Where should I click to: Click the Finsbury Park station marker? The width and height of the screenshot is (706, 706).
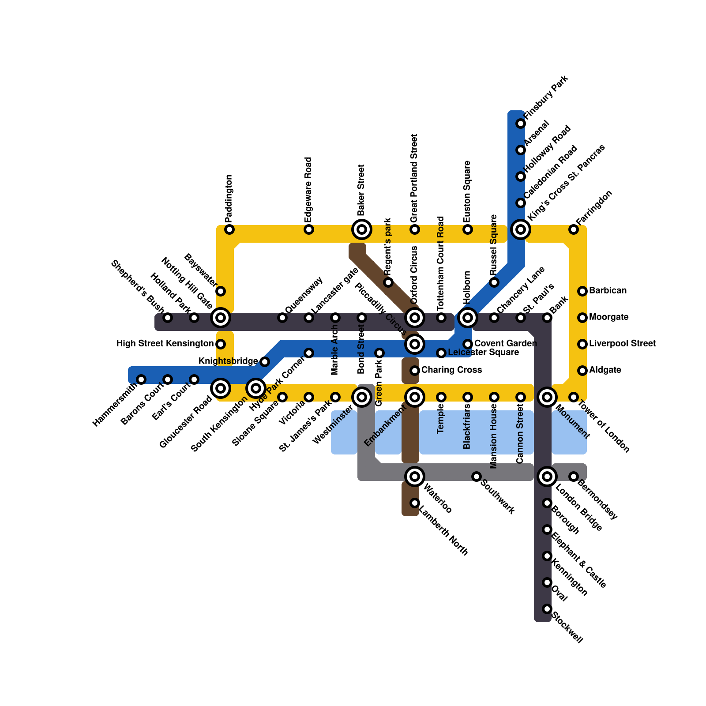click(x=521, y=124)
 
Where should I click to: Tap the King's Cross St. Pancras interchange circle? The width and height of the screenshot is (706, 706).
click(x=521, y=229)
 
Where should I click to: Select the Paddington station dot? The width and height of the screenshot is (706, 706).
click(x=229, y=229)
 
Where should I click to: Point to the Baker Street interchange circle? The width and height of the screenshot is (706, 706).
click(x=362, y=229)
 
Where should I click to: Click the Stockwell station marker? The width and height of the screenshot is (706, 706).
click(x=547, y=609)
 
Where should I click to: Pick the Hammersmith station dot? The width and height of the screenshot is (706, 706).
click(x=141, y=379)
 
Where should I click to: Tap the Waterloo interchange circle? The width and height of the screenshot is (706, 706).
click(x=415, y=477)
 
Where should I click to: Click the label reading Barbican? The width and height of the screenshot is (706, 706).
click(x=608, y=291)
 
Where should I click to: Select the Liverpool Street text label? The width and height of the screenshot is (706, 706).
click(x=622, y=344)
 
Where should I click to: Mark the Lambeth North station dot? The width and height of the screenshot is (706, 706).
click(x=415, y=503)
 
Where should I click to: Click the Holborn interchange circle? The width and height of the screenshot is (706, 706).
click(x=468, y=317)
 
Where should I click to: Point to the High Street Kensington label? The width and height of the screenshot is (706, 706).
click(x=165, y=344)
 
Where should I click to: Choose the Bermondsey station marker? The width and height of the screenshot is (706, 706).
click(x=574, y=477)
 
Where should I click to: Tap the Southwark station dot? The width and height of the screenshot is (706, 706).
click(x=477, y=477)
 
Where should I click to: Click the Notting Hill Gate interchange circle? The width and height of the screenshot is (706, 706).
click(x=221, y=317)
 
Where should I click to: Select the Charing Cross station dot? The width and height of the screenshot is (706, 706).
click(x=415, y=371)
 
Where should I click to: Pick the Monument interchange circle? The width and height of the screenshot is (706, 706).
click(x=547, y=397)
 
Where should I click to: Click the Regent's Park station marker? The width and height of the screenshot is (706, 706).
click(x=388, y=282)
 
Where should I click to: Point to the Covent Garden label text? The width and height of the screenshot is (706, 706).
click(x=505, y=344)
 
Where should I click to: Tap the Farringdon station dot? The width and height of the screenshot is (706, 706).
click(x=574, y=229)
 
